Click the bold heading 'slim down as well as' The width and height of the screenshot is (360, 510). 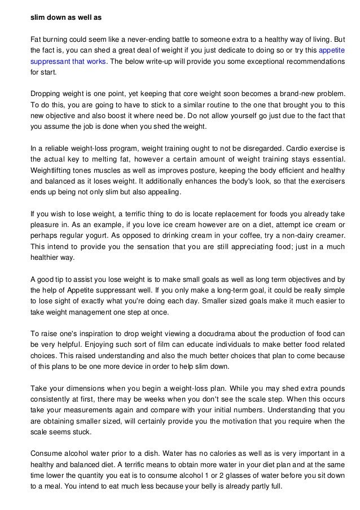(65, 18)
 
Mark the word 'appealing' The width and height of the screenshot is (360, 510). (162, 191)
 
